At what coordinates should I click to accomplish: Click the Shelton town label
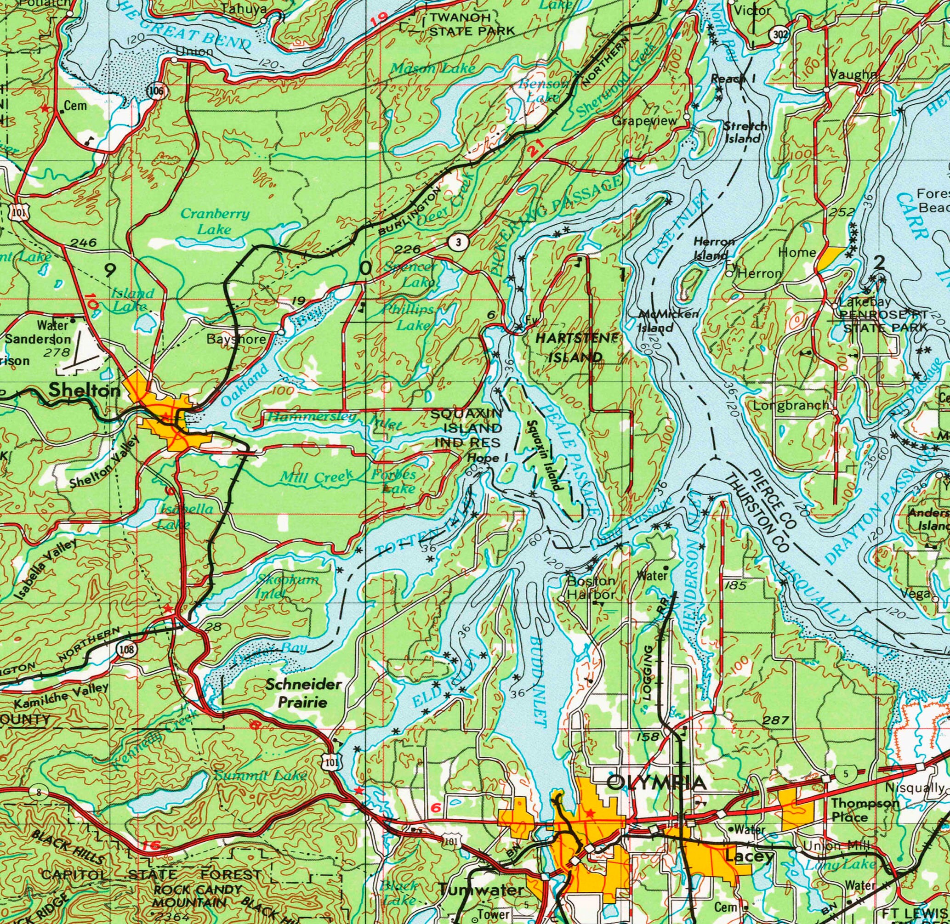coord(85,390)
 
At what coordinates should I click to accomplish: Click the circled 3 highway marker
coord(458,242)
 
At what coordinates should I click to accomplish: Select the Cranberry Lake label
coord(215,221)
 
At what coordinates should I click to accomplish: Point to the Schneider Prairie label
coord(303,693)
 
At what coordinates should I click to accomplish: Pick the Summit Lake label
coord(260,776)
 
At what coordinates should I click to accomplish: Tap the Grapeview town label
coord(644,120)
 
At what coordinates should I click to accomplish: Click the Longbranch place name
coord(791,405)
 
